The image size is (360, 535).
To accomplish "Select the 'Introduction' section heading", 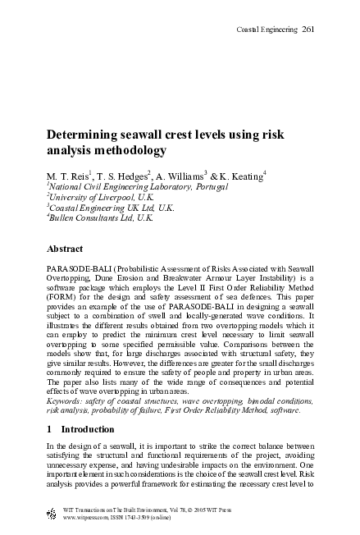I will (86, 429).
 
